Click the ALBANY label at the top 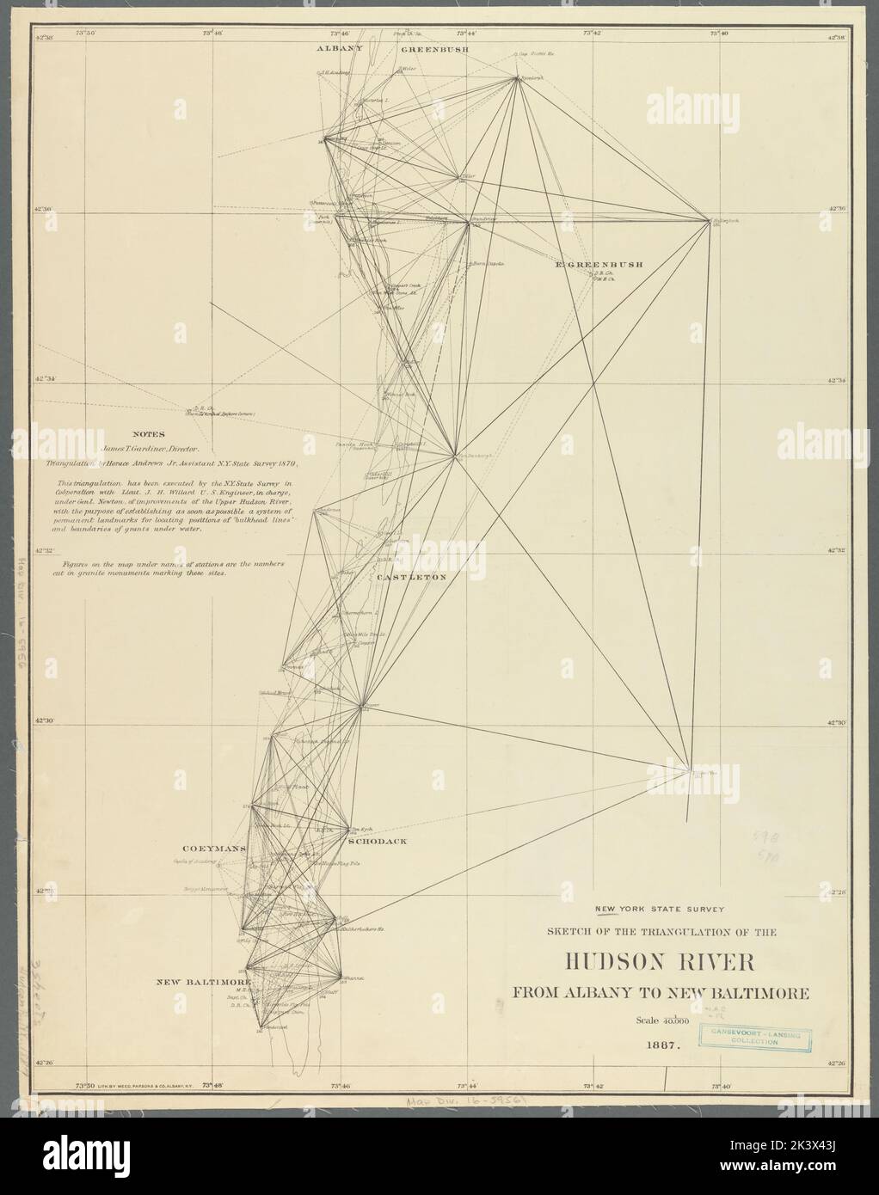coord(341,49)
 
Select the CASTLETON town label coord(412,578)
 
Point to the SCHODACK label coord(378,842)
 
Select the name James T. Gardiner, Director coord(151,449)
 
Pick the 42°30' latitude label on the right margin coord(838,723)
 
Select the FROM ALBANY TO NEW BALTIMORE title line coord(661,993)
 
